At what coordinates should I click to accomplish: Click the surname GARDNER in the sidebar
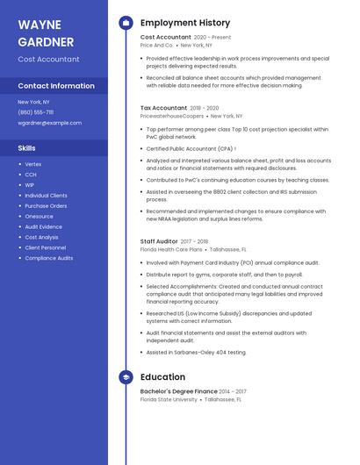(x=45, y=40)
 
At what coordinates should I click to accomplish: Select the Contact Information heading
(x=56, y=86)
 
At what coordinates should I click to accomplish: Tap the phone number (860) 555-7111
(x=36, y=112)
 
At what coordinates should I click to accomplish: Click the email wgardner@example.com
(x=44, y=123)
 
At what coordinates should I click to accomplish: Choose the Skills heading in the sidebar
(x=27, y=148)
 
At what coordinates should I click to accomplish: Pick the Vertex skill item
(x=33, y=164)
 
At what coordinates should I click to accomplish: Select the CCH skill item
(x=31, y=175)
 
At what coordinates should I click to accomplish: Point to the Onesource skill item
(x=40, y=216)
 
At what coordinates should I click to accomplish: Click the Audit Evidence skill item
(x=44, y=226)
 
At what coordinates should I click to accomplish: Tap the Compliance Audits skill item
(x=49, y=258)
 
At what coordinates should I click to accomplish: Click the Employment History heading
(x=184, y=23)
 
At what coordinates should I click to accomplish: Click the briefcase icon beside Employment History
(x=126, y=23)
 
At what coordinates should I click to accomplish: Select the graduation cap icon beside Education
(x=126, y=377)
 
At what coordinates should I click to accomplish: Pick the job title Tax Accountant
(x=163, y=108)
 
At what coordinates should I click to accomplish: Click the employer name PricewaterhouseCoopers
(x=171, y=116)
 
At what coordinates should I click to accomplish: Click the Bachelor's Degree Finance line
(x=179, y=391)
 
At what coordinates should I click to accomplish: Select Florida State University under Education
(x=169, y=399)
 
